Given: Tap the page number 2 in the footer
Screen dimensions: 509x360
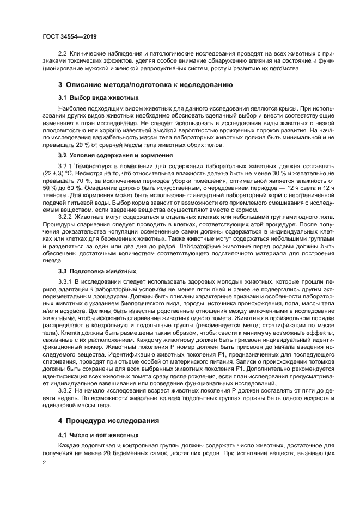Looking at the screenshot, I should tap(45, 462).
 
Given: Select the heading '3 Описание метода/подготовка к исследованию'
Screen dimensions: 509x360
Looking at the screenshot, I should tap(145, 85).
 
